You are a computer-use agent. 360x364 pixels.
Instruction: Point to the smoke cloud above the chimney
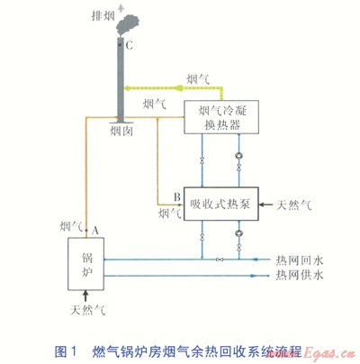128,25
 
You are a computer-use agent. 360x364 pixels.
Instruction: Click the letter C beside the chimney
130,46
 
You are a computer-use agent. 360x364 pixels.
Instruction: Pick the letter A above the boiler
95,231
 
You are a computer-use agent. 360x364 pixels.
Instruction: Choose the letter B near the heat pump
177,197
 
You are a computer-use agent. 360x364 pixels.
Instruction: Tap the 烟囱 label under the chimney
121,131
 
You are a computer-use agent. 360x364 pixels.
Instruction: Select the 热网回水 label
300,260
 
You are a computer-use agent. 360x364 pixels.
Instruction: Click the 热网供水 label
300,275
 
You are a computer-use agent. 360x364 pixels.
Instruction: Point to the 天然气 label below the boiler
87,310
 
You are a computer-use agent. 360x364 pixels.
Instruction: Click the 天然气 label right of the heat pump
294,205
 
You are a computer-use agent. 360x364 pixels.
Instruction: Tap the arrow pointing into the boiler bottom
85,296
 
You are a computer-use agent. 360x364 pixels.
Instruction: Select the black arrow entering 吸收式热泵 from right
265,205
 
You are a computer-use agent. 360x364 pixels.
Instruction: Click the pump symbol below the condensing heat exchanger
239,156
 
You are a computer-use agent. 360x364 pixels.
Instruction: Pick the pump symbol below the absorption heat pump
239,233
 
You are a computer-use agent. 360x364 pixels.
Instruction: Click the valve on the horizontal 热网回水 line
220,259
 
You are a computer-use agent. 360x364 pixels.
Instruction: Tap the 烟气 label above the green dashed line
198,79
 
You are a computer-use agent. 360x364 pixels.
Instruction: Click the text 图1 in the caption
66,351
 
